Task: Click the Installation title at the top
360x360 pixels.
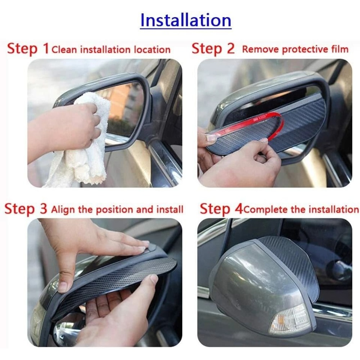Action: [x=185, y=20]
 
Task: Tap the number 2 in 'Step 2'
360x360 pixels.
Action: [x=231, y=48]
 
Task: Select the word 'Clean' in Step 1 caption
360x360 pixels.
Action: [x=64, y=49]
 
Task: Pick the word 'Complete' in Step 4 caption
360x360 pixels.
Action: [x=266, y=210]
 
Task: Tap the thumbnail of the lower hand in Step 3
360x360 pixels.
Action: [x=154, y=279]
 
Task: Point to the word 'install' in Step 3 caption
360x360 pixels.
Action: [x=170, y=210]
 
